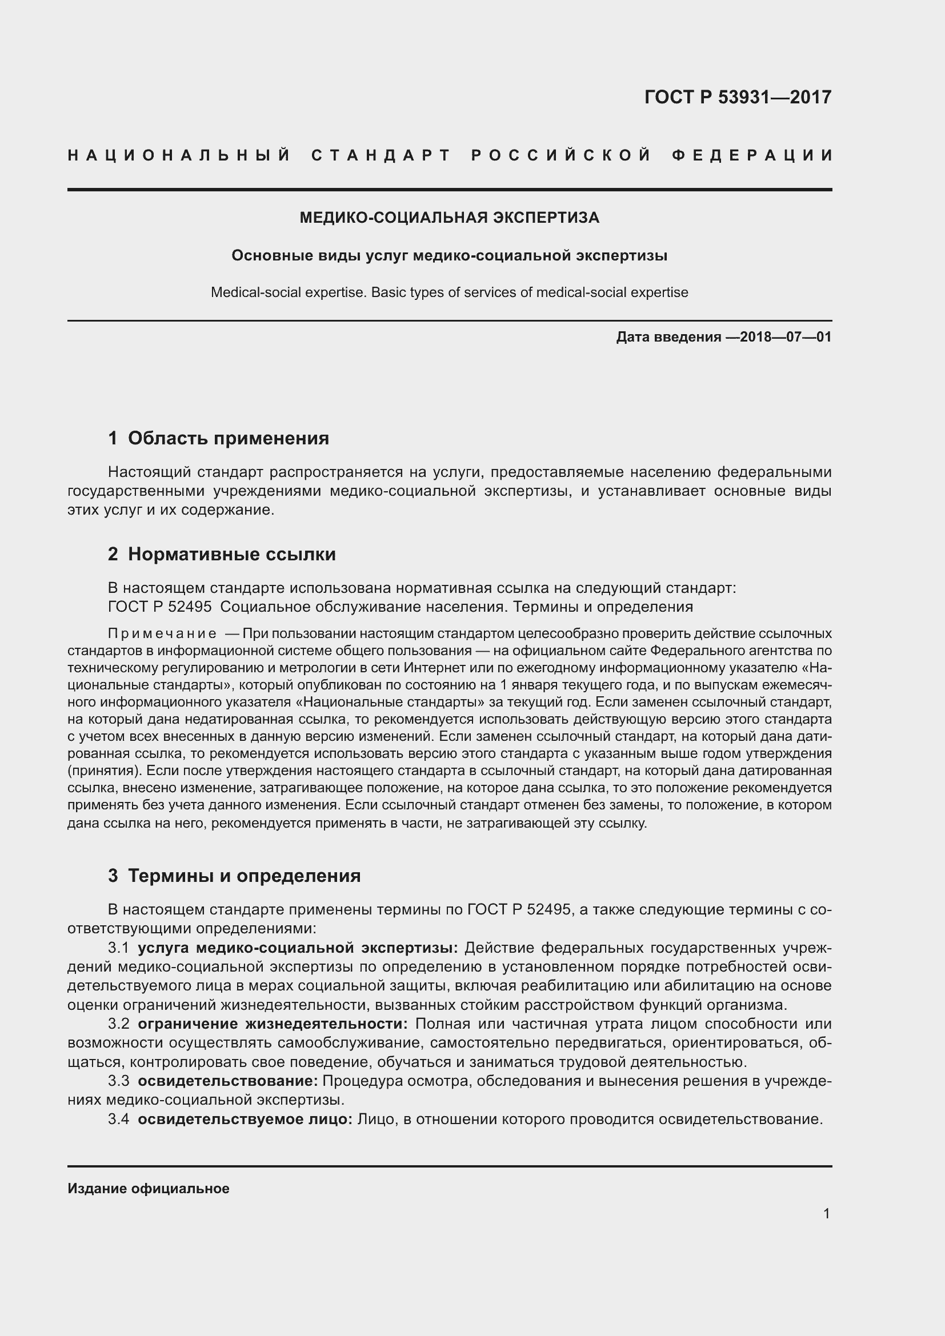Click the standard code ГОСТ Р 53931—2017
coord(737,97)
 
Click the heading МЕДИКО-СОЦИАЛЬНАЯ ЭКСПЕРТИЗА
coord(449,218)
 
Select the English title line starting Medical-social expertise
coord(449,292)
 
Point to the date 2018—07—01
coord(786,337)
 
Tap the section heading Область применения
coord(228,438)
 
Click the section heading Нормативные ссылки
coord(231,554)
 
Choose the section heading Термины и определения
coord(244,876)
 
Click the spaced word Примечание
coord(162,633)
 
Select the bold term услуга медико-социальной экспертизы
coord(298,948)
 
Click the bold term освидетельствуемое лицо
coord(245,1119)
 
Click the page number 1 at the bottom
coord(826,1213)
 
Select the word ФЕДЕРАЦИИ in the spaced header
coord(753,155)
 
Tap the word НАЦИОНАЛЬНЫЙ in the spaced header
coord(179,155)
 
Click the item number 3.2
coord(119,1024)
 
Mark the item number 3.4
coord(119,1119)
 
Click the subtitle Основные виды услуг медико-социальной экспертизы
coord(449,255)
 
